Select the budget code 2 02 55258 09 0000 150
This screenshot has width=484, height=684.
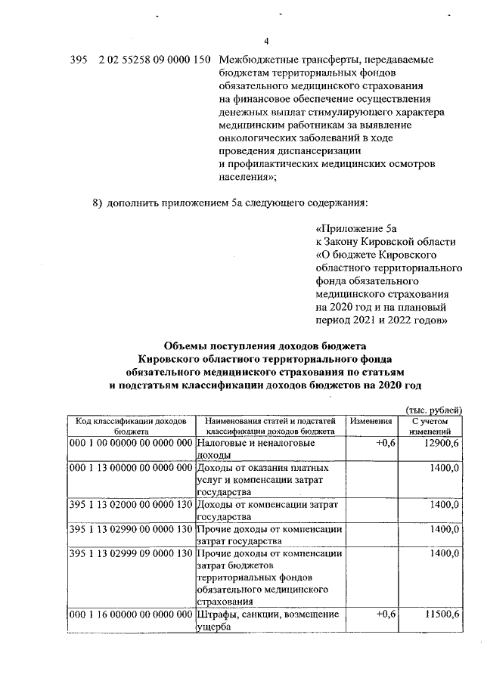click(x=154, y=59)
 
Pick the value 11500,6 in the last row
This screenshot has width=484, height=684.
click(x=441, y=615)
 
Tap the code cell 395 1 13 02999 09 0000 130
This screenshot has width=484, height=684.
click(x=131, y=554)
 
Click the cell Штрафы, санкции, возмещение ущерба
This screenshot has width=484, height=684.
click(x=268, y=621)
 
